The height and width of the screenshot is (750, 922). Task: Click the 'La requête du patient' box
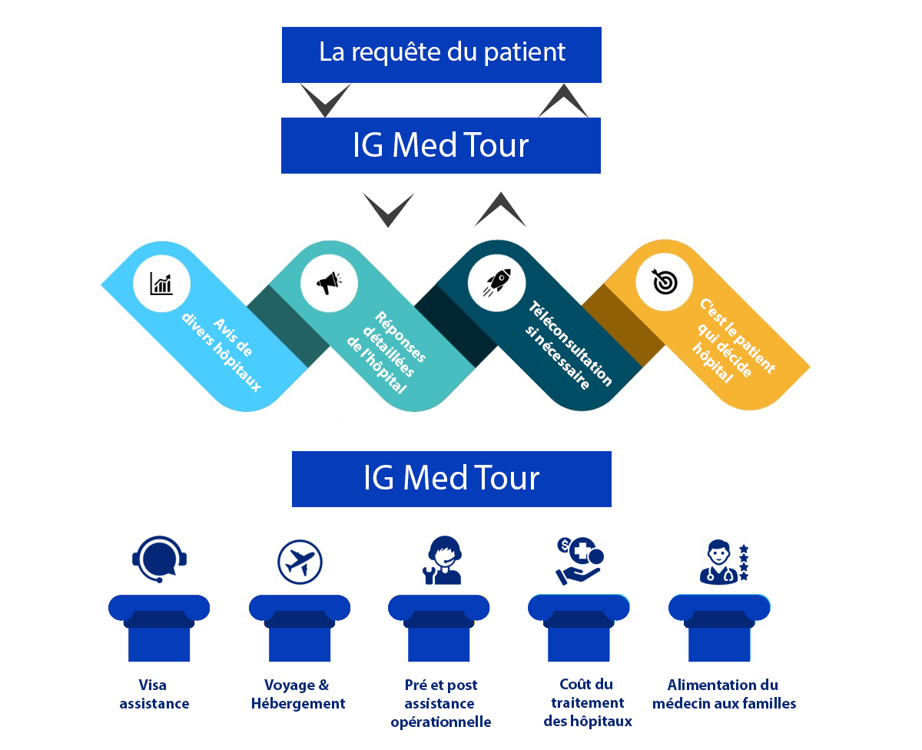pyautogui.click(x=441, y=54)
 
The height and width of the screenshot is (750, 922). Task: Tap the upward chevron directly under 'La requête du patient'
pyautogui.click(x=563, y=101)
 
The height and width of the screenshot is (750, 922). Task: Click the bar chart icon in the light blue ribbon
pyautogui.click(x=161, y=283)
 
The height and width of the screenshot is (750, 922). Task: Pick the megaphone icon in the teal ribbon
pyautogui.click(x=329, y=283)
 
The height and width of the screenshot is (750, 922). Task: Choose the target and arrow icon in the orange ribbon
pyautogui.click(x=664, y=283)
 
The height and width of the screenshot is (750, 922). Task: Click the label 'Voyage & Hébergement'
pyautogui.click(x=298, y=694)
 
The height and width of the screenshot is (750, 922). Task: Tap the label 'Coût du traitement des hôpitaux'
pyautogui.click(x=588, y=702)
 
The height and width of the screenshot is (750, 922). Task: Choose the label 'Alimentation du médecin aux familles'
pyautogui.click(x=723, y=694)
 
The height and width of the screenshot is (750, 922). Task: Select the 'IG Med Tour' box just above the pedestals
pyautogui.click(x=451, y=479)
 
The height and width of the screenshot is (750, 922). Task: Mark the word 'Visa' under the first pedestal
pyautogui.click(x=153, y=685)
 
